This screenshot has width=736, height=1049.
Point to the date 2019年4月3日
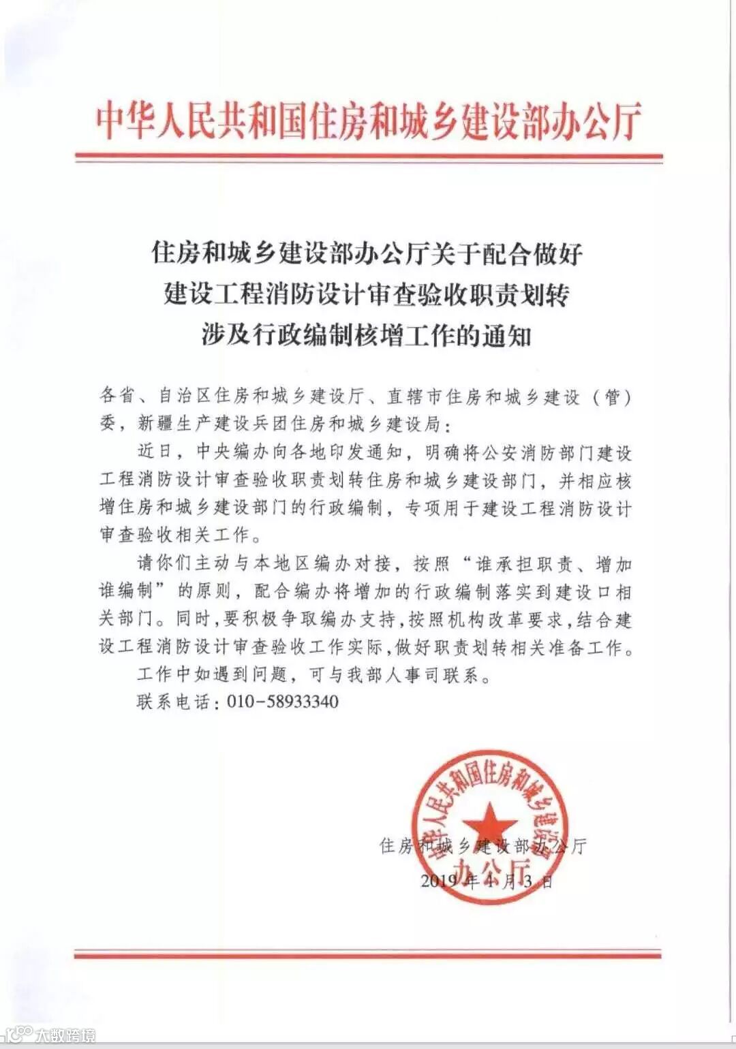487,881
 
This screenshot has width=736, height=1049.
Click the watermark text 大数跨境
65,1035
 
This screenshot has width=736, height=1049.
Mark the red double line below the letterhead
368,157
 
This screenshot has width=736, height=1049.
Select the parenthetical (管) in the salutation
613,396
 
